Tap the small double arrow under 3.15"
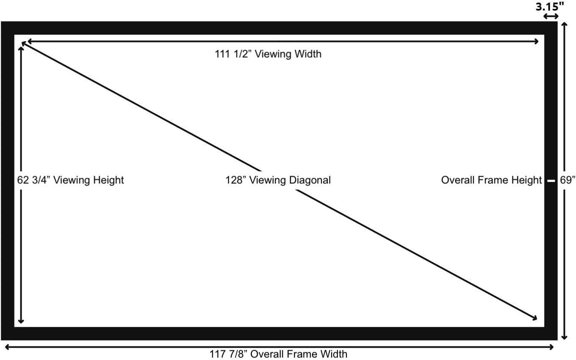point(551,17)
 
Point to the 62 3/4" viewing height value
point(34,180)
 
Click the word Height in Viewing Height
point(108,180)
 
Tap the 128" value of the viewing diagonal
point(236,180)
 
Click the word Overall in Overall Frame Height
point(458,180)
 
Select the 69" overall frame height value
point(568,180)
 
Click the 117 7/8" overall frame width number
point(228,354)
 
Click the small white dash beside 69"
point(551,181)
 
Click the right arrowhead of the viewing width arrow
point(536,41)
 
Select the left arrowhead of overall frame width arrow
point(6,347)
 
